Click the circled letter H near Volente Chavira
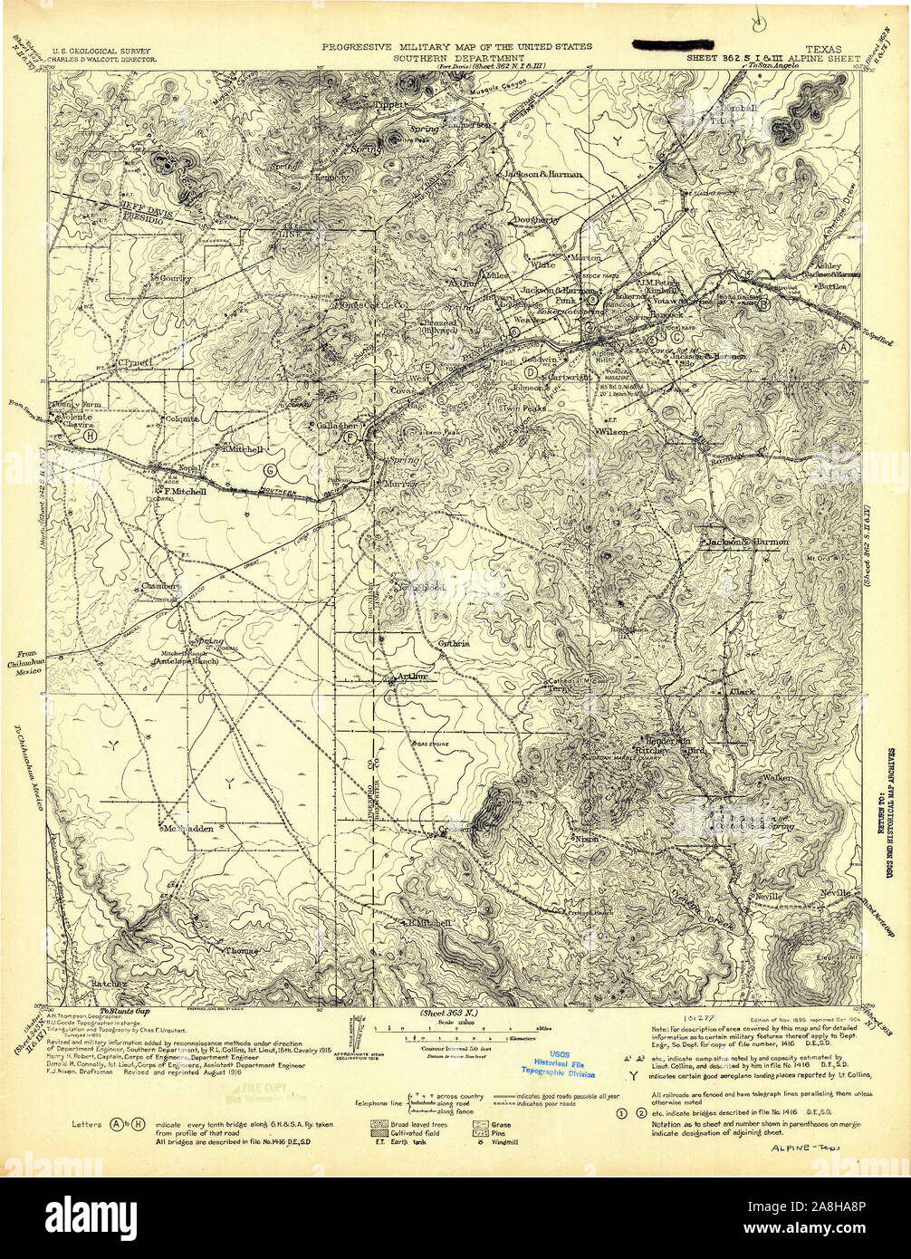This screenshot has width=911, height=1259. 89,435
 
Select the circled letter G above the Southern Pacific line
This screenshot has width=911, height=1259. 269,469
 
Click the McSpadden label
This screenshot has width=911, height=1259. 187,828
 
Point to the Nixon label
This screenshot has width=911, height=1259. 587,840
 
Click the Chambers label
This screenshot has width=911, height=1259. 162,586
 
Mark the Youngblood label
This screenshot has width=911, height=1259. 421,588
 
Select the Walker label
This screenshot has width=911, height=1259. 777,777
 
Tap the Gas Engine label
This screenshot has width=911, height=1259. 433,743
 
